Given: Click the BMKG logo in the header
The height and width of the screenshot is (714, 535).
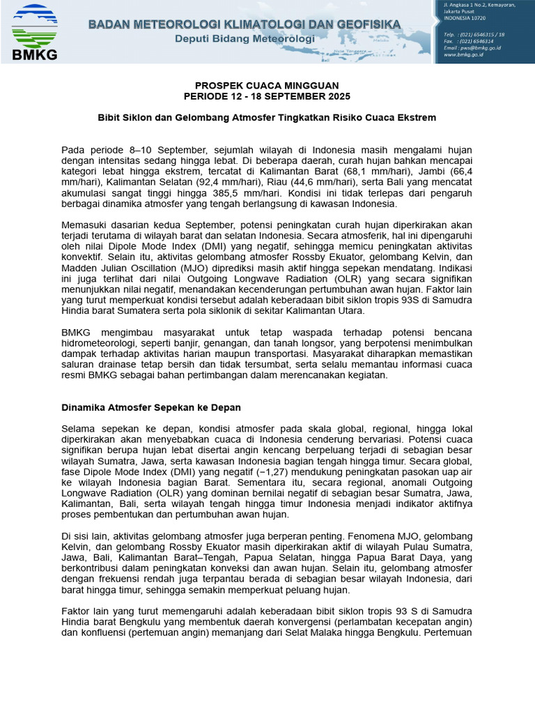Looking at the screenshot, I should pos(35,31).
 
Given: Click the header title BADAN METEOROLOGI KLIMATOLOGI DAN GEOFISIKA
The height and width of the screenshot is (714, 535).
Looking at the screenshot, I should pos(245,24).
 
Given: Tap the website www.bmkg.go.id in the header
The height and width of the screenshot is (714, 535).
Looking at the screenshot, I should pos(464,54).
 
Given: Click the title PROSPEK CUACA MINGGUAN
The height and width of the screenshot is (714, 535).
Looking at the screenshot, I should pos(267,86).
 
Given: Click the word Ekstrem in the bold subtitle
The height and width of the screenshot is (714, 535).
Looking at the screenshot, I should pos(417,118).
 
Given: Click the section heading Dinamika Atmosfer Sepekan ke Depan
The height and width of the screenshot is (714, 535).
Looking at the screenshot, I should pos(151,407).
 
